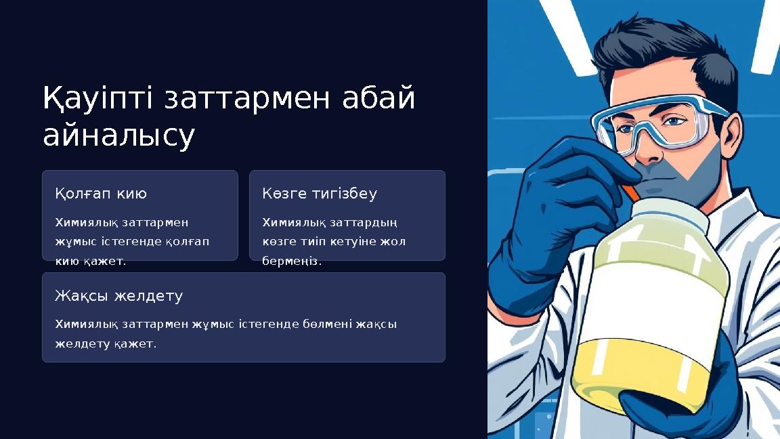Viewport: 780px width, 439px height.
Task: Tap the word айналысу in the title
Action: (x=118, y=135)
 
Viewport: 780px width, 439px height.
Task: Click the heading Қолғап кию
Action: (x=101, y=194)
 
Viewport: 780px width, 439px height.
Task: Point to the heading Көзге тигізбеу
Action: (x=320, y=194)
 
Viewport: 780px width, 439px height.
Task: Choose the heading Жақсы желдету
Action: (x=118, y=296)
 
